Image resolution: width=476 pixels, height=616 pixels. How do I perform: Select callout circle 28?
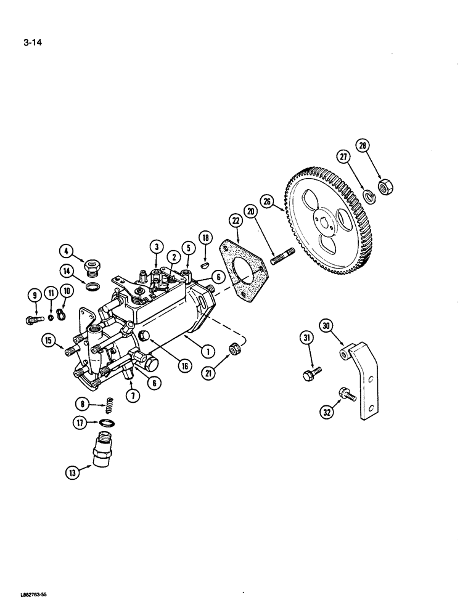pos(362,147)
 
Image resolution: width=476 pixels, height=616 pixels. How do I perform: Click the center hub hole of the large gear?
pos(325,216)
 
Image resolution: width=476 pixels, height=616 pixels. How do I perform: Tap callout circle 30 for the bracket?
pos(326,324)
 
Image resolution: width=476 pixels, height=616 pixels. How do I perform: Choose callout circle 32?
pos(326,413)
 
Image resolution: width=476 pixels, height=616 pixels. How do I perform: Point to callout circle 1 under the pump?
pos(207,351)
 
